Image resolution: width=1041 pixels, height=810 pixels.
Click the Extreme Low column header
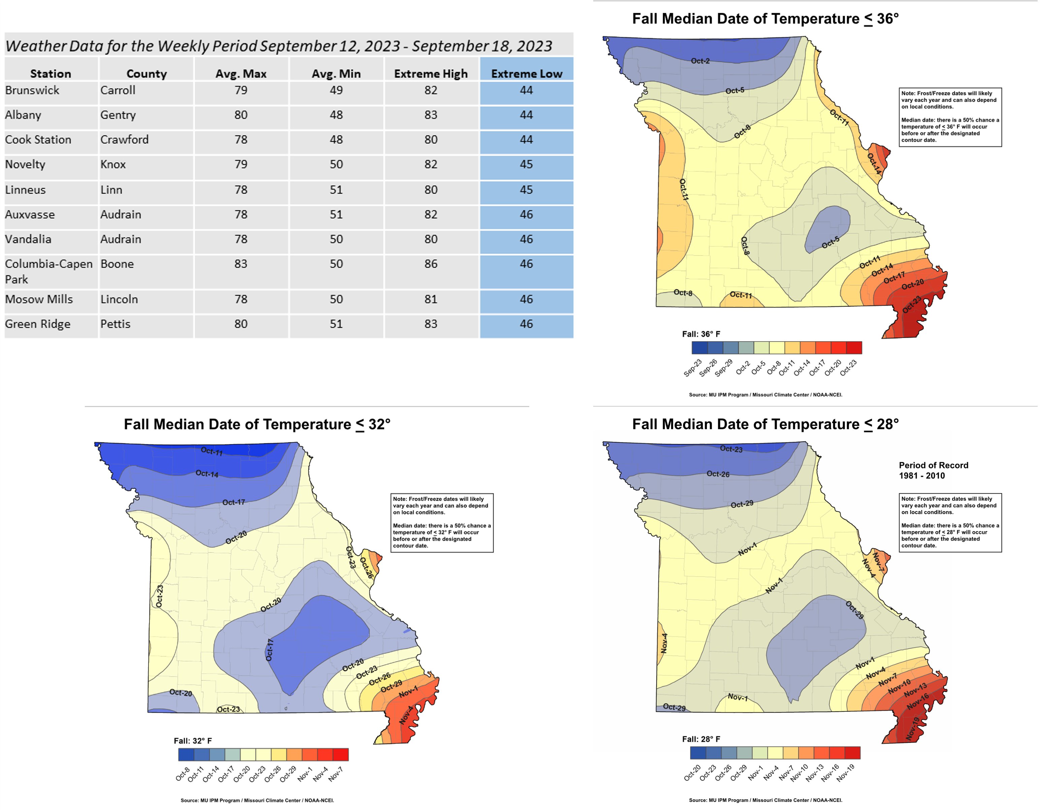tap(526, 74)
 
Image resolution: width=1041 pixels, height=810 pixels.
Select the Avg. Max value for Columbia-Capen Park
tap(241, 264)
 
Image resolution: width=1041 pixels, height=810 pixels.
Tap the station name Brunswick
tap(32, 91)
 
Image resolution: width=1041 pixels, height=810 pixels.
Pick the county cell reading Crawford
tap(125, 140)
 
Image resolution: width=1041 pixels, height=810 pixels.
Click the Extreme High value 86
tap(431, 264)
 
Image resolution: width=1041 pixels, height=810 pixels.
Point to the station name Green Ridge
tap(38, 324)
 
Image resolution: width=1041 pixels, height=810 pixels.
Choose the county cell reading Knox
tap(113, 165)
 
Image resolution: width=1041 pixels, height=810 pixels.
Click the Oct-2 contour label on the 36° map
tap(700, 61)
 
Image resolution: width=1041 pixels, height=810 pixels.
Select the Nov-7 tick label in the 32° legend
tap(336, 773)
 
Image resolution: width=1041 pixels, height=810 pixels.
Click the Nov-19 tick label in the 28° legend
tap(846, 772)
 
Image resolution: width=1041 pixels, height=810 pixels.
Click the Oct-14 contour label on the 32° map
tap(207, 474)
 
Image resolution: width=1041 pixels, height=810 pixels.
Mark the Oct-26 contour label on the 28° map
tap(718, 474)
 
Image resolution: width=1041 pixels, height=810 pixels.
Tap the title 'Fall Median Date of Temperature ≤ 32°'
tap(257, 424)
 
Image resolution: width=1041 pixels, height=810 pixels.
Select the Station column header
tap(51, 74)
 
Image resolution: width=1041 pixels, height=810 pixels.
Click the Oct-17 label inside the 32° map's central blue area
tap(270, 650)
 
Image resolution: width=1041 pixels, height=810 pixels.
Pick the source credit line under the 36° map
tap(766, 395)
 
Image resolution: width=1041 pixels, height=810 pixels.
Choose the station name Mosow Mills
tap(39, 299)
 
